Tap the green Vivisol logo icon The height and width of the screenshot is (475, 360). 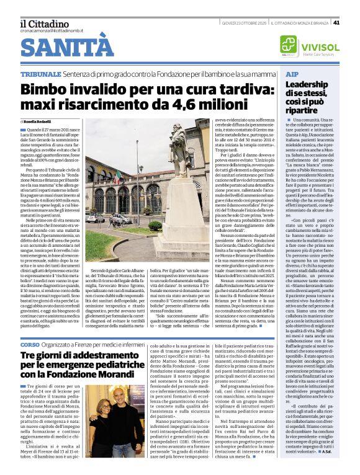tap(288, 45)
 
